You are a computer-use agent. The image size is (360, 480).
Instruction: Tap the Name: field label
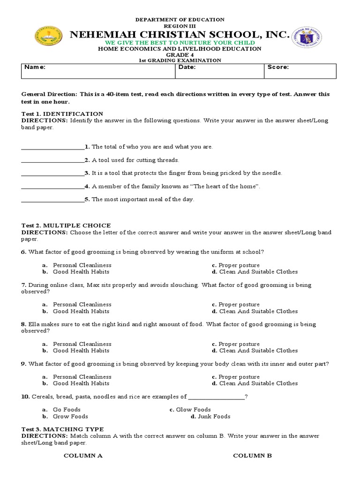(x=35, y=67)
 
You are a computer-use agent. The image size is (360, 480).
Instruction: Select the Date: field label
(x=187, y=67)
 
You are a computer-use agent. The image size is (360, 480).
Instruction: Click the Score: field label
(x=278, y=67)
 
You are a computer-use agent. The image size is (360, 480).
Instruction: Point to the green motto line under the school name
(x=180, y=42)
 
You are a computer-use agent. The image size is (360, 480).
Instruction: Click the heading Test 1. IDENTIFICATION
(x=62, y=113)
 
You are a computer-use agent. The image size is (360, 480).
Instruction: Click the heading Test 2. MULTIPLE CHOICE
(x=66, y=225)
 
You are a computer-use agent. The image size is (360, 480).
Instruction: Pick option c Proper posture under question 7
(x=239, y=305)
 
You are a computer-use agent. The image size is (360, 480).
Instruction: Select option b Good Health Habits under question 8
(x=81, y=351)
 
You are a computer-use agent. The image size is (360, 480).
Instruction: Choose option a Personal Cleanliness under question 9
(x=82, y=377)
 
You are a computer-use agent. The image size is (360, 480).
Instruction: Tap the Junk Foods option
(x=214, y=416)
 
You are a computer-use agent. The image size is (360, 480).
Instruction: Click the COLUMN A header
(x=83, y=456)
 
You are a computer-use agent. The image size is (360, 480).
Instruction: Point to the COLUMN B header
(x=252, y=456)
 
